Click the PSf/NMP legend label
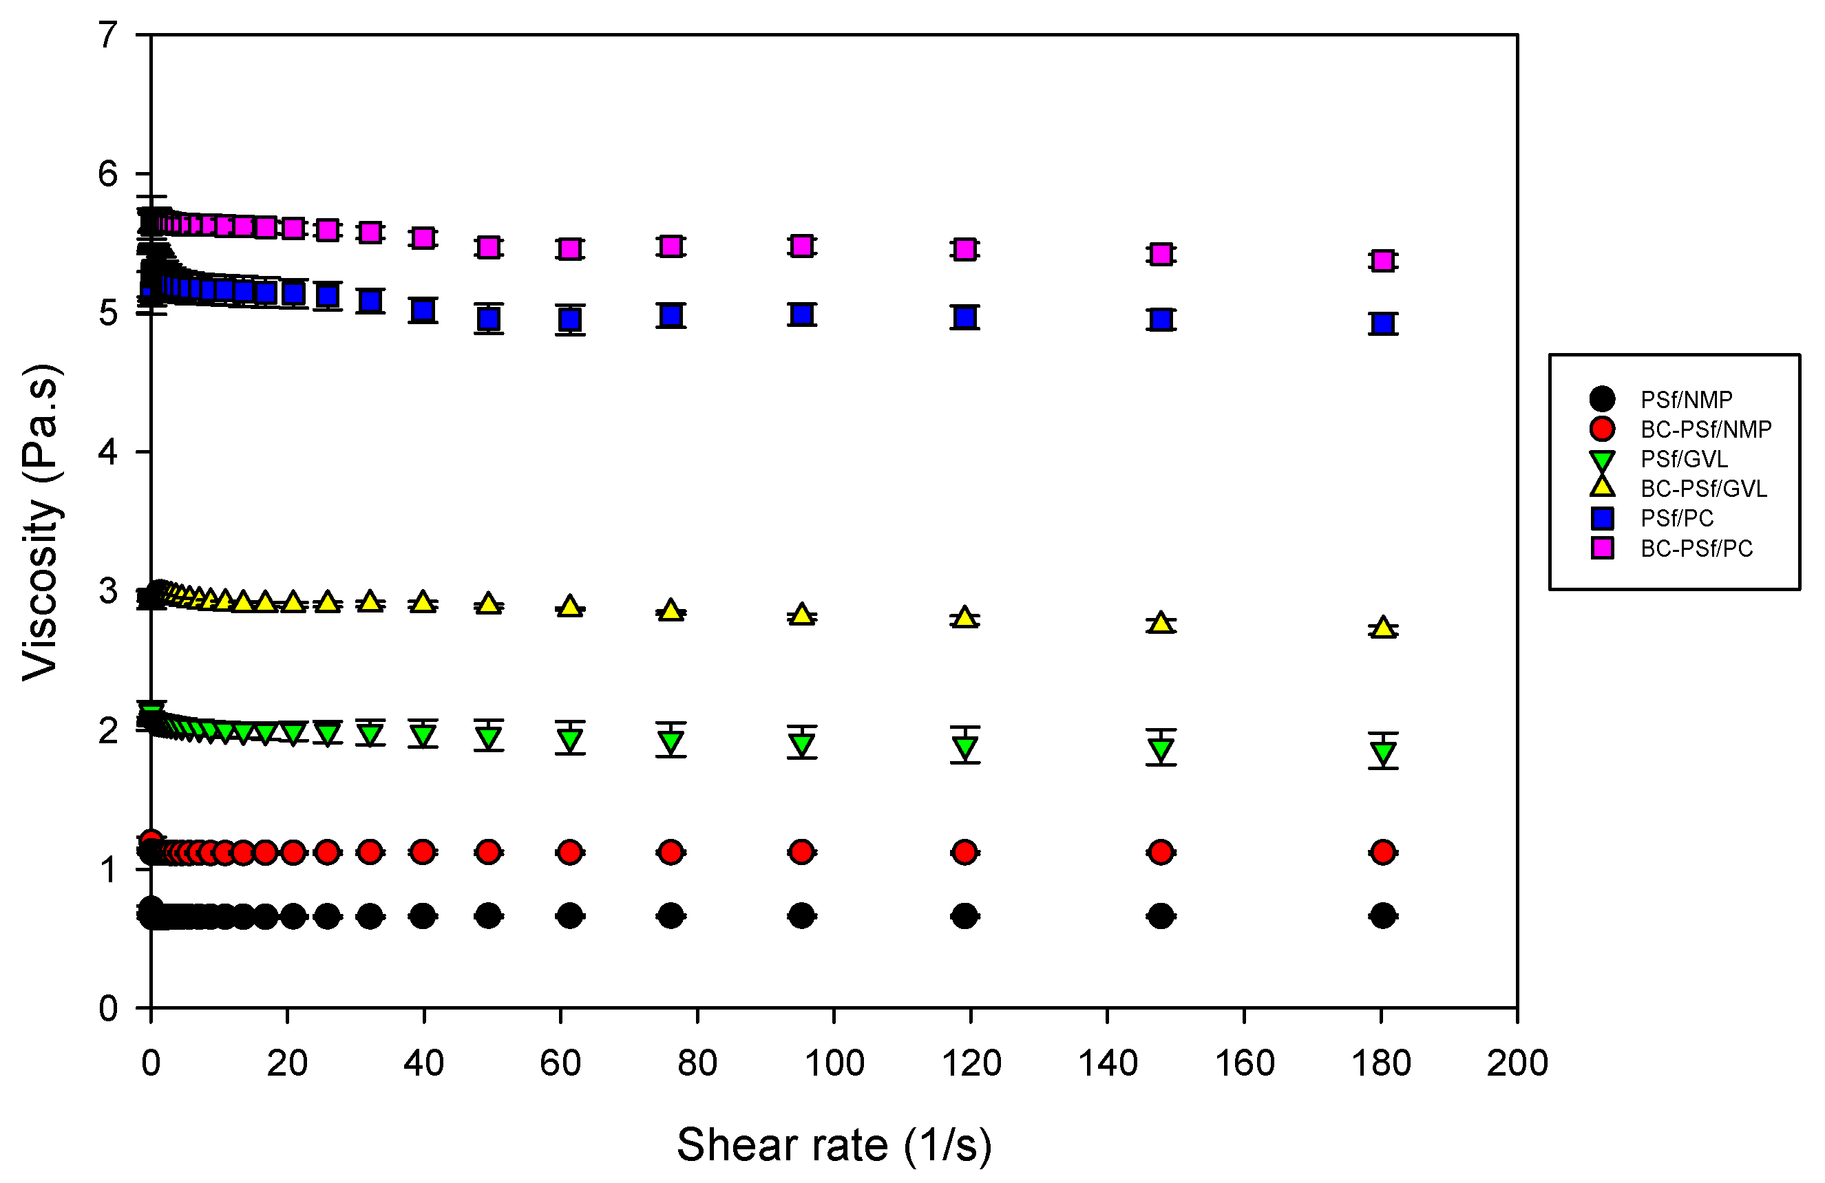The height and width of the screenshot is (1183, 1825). coord(1685,399)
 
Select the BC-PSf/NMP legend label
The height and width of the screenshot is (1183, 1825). coord(1705,429)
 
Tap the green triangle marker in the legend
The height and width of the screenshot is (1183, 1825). coord(1602,460)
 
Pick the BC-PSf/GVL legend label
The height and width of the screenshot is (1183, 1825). coord(1703,489)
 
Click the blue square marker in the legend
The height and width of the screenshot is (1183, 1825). coord(1602,518)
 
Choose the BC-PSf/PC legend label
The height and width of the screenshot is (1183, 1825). coord(1696,548)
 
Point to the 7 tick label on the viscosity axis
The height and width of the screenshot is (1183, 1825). coord(108,35)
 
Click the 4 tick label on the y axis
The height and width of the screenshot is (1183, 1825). coord(108,452)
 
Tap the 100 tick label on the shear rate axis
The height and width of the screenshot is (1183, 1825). coord(834,1063)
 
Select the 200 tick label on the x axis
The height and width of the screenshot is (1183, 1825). coord(1517,1063)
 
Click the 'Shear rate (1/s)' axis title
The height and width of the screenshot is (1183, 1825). coord(834,1144)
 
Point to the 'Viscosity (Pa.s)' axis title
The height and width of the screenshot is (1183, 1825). coord(40,522)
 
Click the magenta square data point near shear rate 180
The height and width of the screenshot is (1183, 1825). coord(1382,261)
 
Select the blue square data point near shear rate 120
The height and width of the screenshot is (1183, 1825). coord(964,317)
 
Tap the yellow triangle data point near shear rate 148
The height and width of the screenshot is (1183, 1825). coord(1161,623)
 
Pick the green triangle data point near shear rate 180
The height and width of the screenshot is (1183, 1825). coord(1382,752)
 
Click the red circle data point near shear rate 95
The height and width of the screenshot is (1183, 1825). coord(801,852)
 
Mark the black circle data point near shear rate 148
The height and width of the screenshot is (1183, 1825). coord(1161,915)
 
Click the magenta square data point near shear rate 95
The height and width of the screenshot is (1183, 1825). coord(801,246)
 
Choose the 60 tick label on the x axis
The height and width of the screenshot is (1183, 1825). coord(560,1063)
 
